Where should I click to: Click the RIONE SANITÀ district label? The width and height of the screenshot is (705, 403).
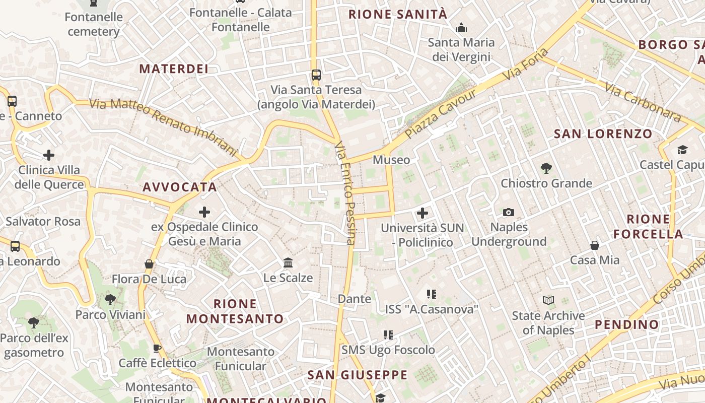pos(398,14)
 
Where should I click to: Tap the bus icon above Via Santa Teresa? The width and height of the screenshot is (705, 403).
pos(316,75)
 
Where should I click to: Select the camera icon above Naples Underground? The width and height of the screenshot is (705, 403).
pos(509,213)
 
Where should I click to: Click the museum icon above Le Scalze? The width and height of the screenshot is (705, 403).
pos(288,262)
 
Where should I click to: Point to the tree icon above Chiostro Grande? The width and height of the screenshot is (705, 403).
pos(546,168)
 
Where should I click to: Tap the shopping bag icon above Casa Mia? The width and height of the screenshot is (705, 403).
pos(595,245)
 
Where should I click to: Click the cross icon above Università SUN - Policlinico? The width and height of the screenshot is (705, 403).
pos(422,213)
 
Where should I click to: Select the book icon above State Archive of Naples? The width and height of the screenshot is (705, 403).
pos(548,301)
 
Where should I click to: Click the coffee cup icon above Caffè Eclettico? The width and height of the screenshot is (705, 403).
pos(157,348)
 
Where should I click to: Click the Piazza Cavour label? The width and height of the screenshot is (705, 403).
pos(441,114)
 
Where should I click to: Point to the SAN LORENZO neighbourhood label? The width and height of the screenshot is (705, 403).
pos(603,134)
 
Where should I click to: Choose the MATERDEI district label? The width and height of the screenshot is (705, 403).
pos(174,69)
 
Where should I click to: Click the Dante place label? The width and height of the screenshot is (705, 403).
pos(355,299)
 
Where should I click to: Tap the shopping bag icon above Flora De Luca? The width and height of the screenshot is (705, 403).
pos(149,264)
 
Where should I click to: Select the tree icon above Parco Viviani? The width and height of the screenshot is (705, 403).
pos(110,300)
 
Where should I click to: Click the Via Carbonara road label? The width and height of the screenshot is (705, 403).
pos(643,102)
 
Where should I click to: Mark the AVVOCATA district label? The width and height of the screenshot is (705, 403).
pos(180,187)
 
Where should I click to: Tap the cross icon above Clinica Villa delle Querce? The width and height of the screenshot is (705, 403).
pos(49,155)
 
